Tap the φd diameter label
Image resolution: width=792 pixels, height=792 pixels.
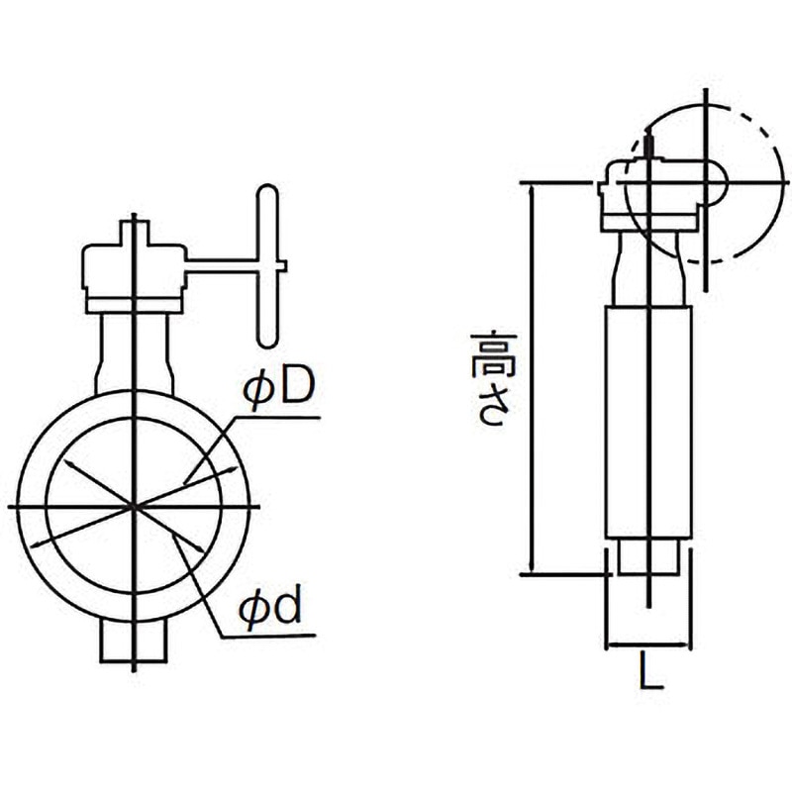[x=270, y=611]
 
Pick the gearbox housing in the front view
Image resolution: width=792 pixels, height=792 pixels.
[x=133, y=272]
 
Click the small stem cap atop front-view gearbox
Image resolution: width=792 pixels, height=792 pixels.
[x=134, y=233]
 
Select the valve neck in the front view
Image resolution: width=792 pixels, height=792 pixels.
[x=134, y=351]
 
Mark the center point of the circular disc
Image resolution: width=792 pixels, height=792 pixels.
[x=134, y=506]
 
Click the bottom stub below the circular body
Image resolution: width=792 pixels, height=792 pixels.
[x=134, y=641]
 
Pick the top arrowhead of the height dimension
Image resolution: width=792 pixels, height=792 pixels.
[x=535, y=190]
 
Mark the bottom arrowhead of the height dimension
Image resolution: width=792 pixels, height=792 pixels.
[x=535, y=566]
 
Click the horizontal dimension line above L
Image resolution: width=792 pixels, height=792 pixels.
[x=648, y=644]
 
